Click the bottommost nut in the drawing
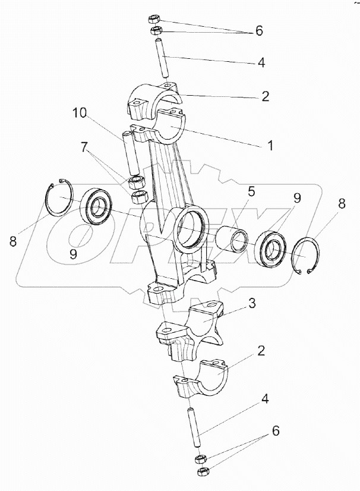coord(201,472)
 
